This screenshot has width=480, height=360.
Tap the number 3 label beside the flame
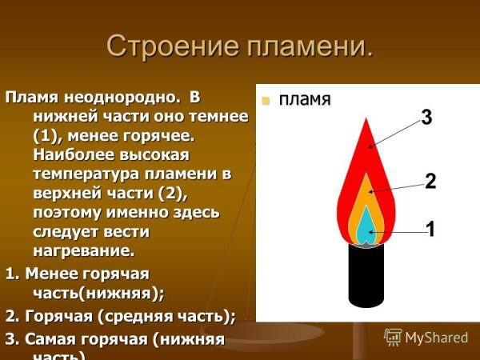[x=426, y=118]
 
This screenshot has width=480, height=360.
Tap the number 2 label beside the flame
[x=430, y=182]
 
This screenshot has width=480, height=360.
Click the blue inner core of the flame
[x=365, y=228]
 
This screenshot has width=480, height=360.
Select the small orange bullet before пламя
[x=266, y=100]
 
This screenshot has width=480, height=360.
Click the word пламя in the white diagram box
[x=304, y=100]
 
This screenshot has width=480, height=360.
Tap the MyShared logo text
[x=437, y=337]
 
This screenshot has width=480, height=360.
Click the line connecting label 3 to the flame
[x=396, y=132]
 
